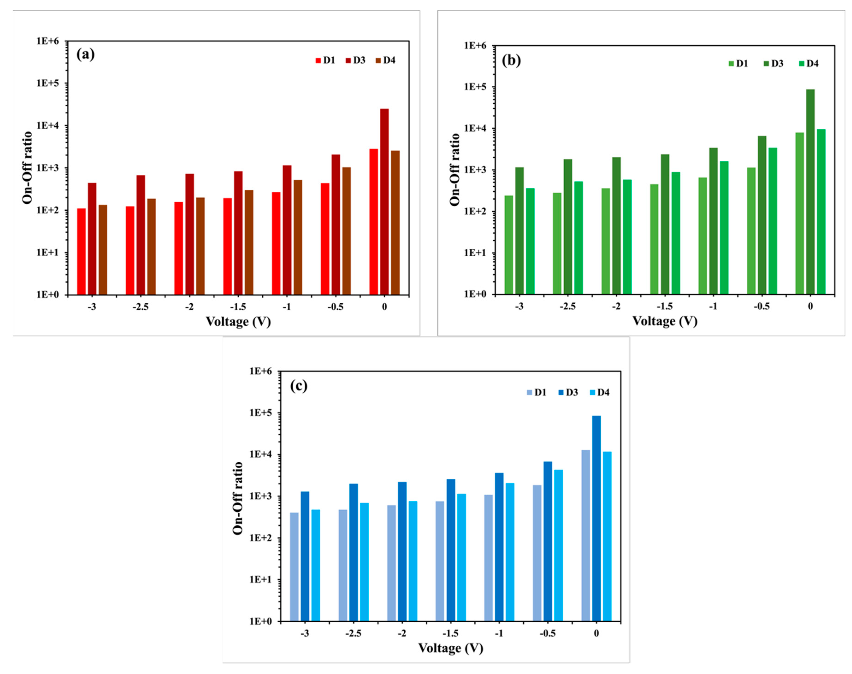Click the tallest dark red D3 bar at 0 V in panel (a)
click(x=384, y=201)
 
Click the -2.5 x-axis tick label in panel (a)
click(x=140, y=307)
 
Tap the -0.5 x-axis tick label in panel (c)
click(x=547, y=633)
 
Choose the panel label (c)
click(x=298, y=386)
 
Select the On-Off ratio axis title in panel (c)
click(x=238, y=498)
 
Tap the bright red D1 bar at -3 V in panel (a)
click(x=81, y=251)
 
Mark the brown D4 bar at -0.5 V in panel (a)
click(x=346, y=231)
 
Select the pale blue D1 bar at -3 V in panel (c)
click(x=294, y=567)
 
